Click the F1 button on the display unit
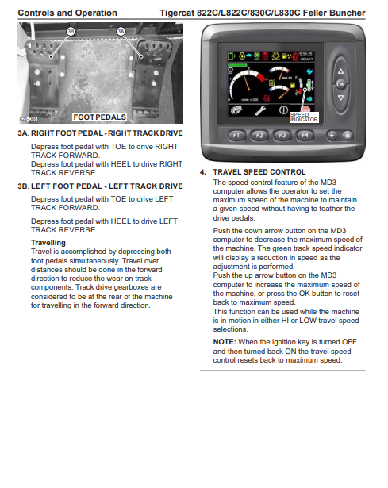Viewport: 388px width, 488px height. coord(236,136)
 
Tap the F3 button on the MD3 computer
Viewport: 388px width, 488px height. coord(282,136)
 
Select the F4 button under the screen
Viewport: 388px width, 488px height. coord(305,136)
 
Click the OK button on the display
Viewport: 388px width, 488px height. coord(340,84)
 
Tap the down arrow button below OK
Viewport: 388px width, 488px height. coord(340,98)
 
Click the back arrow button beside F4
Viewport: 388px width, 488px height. coord(332,136)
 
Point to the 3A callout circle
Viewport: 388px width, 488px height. coord(121,32)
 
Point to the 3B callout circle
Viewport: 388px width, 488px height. coord(71,32)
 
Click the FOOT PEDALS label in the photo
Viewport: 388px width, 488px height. coord(99,117)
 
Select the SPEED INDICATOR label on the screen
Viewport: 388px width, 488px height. coord(304,117)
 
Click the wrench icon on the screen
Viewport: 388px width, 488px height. coord(260,110)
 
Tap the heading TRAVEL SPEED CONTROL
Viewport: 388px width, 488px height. coord(259,172)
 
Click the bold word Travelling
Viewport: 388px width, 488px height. coord(48,243)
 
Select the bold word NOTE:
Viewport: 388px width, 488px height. coord(225,342)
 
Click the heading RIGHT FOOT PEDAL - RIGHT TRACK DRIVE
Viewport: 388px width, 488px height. coord(107,133)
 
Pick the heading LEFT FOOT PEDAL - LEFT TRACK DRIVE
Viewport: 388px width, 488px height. coord(107,186)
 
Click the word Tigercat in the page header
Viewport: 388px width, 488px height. coord(177,13)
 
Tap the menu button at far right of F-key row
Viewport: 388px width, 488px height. coord(348,136)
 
